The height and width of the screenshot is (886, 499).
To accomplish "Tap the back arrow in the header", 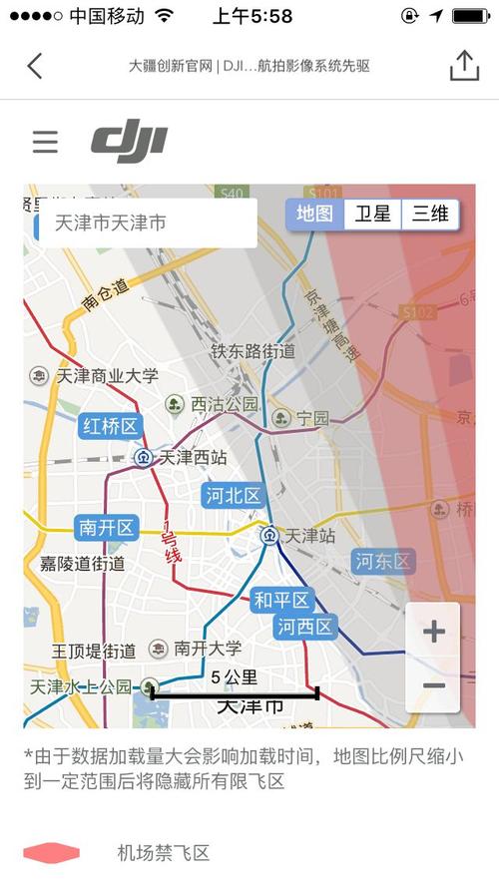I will [x=35, y=66].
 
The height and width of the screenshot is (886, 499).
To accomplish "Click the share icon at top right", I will [x=464, y=65].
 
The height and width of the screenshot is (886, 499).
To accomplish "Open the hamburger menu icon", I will [x=45, y=142].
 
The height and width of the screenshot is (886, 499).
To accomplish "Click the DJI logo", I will [x=129, y=142].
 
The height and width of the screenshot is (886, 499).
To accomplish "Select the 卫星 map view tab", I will [x=373, y=214].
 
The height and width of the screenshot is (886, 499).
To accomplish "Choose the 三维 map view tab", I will [x=430, y=214].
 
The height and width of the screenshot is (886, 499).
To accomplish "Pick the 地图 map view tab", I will [x=315, y=214].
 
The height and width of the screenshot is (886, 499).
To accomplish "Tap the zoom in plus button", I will [x=433, y=631].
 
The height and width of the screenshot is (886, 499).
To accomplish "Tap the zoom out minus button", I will [x=433, y=685].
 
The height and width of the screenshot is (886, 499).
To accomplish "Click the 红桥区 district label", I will [x=110, y=427].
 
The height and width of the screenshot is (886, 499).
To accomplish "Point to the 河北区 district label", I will [x=233, y=495].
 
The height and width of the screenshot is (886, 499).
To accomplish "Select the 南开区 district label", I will [x=106, y=527].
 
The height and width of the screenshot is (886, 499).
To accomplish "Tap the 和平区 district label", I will [x=282, y=600].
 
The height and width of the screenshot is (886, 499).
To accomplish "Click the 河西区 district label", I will [x=305, y=627].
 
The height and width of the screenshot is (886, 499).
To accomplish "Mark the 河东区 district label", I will [x=383, y=561].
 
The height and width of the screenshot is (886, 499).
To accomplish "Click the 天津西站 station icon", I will [x=143, y=458].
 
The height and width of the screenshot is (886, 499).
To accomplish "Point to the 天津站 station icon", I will [x=269, y=536].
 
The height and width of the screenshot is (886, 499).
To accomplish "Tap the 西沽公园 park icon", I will [x=175, y=404].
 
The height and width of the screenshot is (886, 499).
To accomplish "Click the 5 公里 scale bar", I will [x=235, y=691].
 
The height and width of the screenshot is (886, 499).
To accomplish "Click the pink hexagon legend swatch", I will [x=51, y=853].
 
